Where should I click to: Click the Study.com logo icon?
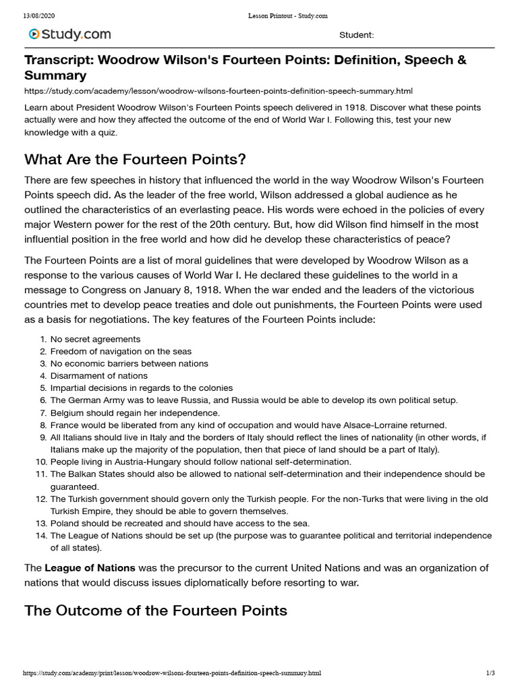pyautogui.click(x=33, y=34)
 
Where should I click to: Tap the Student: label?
pyautogui.click(x=356, y=35)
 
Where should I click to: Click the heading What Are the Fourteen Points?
pyautogui.click(x=135, y=159)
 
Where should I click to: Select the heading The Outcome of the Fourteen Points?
pyautogui.click(x=156, y=610)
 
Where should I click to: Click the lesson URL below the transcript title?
pyautogui.click(x=218, y=91)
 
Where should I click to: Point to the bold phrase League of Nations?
pyautogui.click(x=90, y=568)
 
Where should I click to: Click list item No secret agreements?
pyautogui.click(x=95, y=339)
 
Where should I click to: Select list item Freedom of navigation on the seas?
pyautogui.click(x=121, y=351)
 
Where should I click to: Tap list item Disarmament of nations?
pyautogui.click(x=99, y=375)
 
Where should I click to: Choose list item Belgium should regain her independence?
pyautogui.click(x=135, y=412)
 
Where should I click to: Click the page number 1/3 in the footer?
pyautogui.click(x=490, y=673)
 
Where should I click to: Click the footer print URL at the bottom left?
pyautogui.click(x=172, y=673)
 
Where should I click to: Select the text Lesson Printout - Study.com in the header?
pyautogui.click(x=277, y=15)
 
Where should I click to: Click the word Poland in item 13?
pyautogui.click(x=65, y=524)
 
